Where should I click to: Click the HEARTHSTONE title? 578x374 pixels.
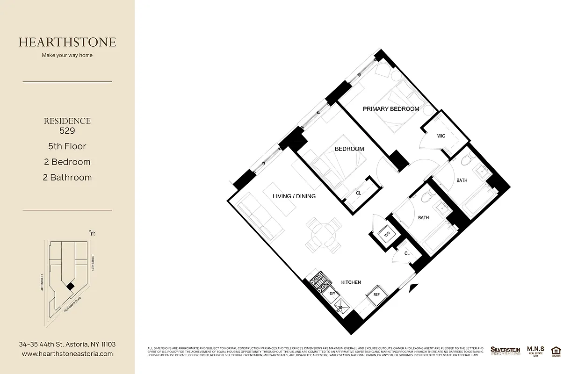point(67,42)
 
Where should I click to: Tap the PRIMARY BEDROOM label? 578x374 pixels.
point(391,109)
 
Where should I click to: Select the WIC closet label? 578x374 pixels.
point(441,136)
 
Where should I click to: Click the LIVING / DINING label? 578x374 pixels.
point(294,196)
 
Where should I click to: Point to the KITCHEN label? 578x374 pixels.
point(351,282)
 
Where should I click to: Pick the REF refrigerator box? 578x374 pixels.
point(376,295)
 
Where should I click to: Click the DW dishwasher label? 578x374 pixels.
point(332,294)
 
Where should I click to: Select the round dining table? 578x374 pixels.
point(323,232)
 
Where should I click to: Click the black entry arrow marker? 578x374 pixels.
point(412,289)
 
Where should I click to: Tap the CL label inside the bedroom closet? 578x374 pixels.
point(359,193)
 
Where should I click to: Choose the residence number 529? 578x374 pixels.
point(67,131)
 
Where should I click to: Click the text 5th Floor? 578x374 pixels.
point(67,146)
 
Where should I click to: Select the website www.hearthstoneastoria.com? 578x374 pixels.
point(67,354)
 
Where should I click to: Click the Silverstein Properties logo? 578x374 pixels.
point(505,351)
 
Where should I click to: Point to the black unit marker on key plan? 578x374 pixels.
point(70,287)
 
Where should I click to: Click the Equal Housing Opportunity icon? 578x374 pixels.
point(556,351)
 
